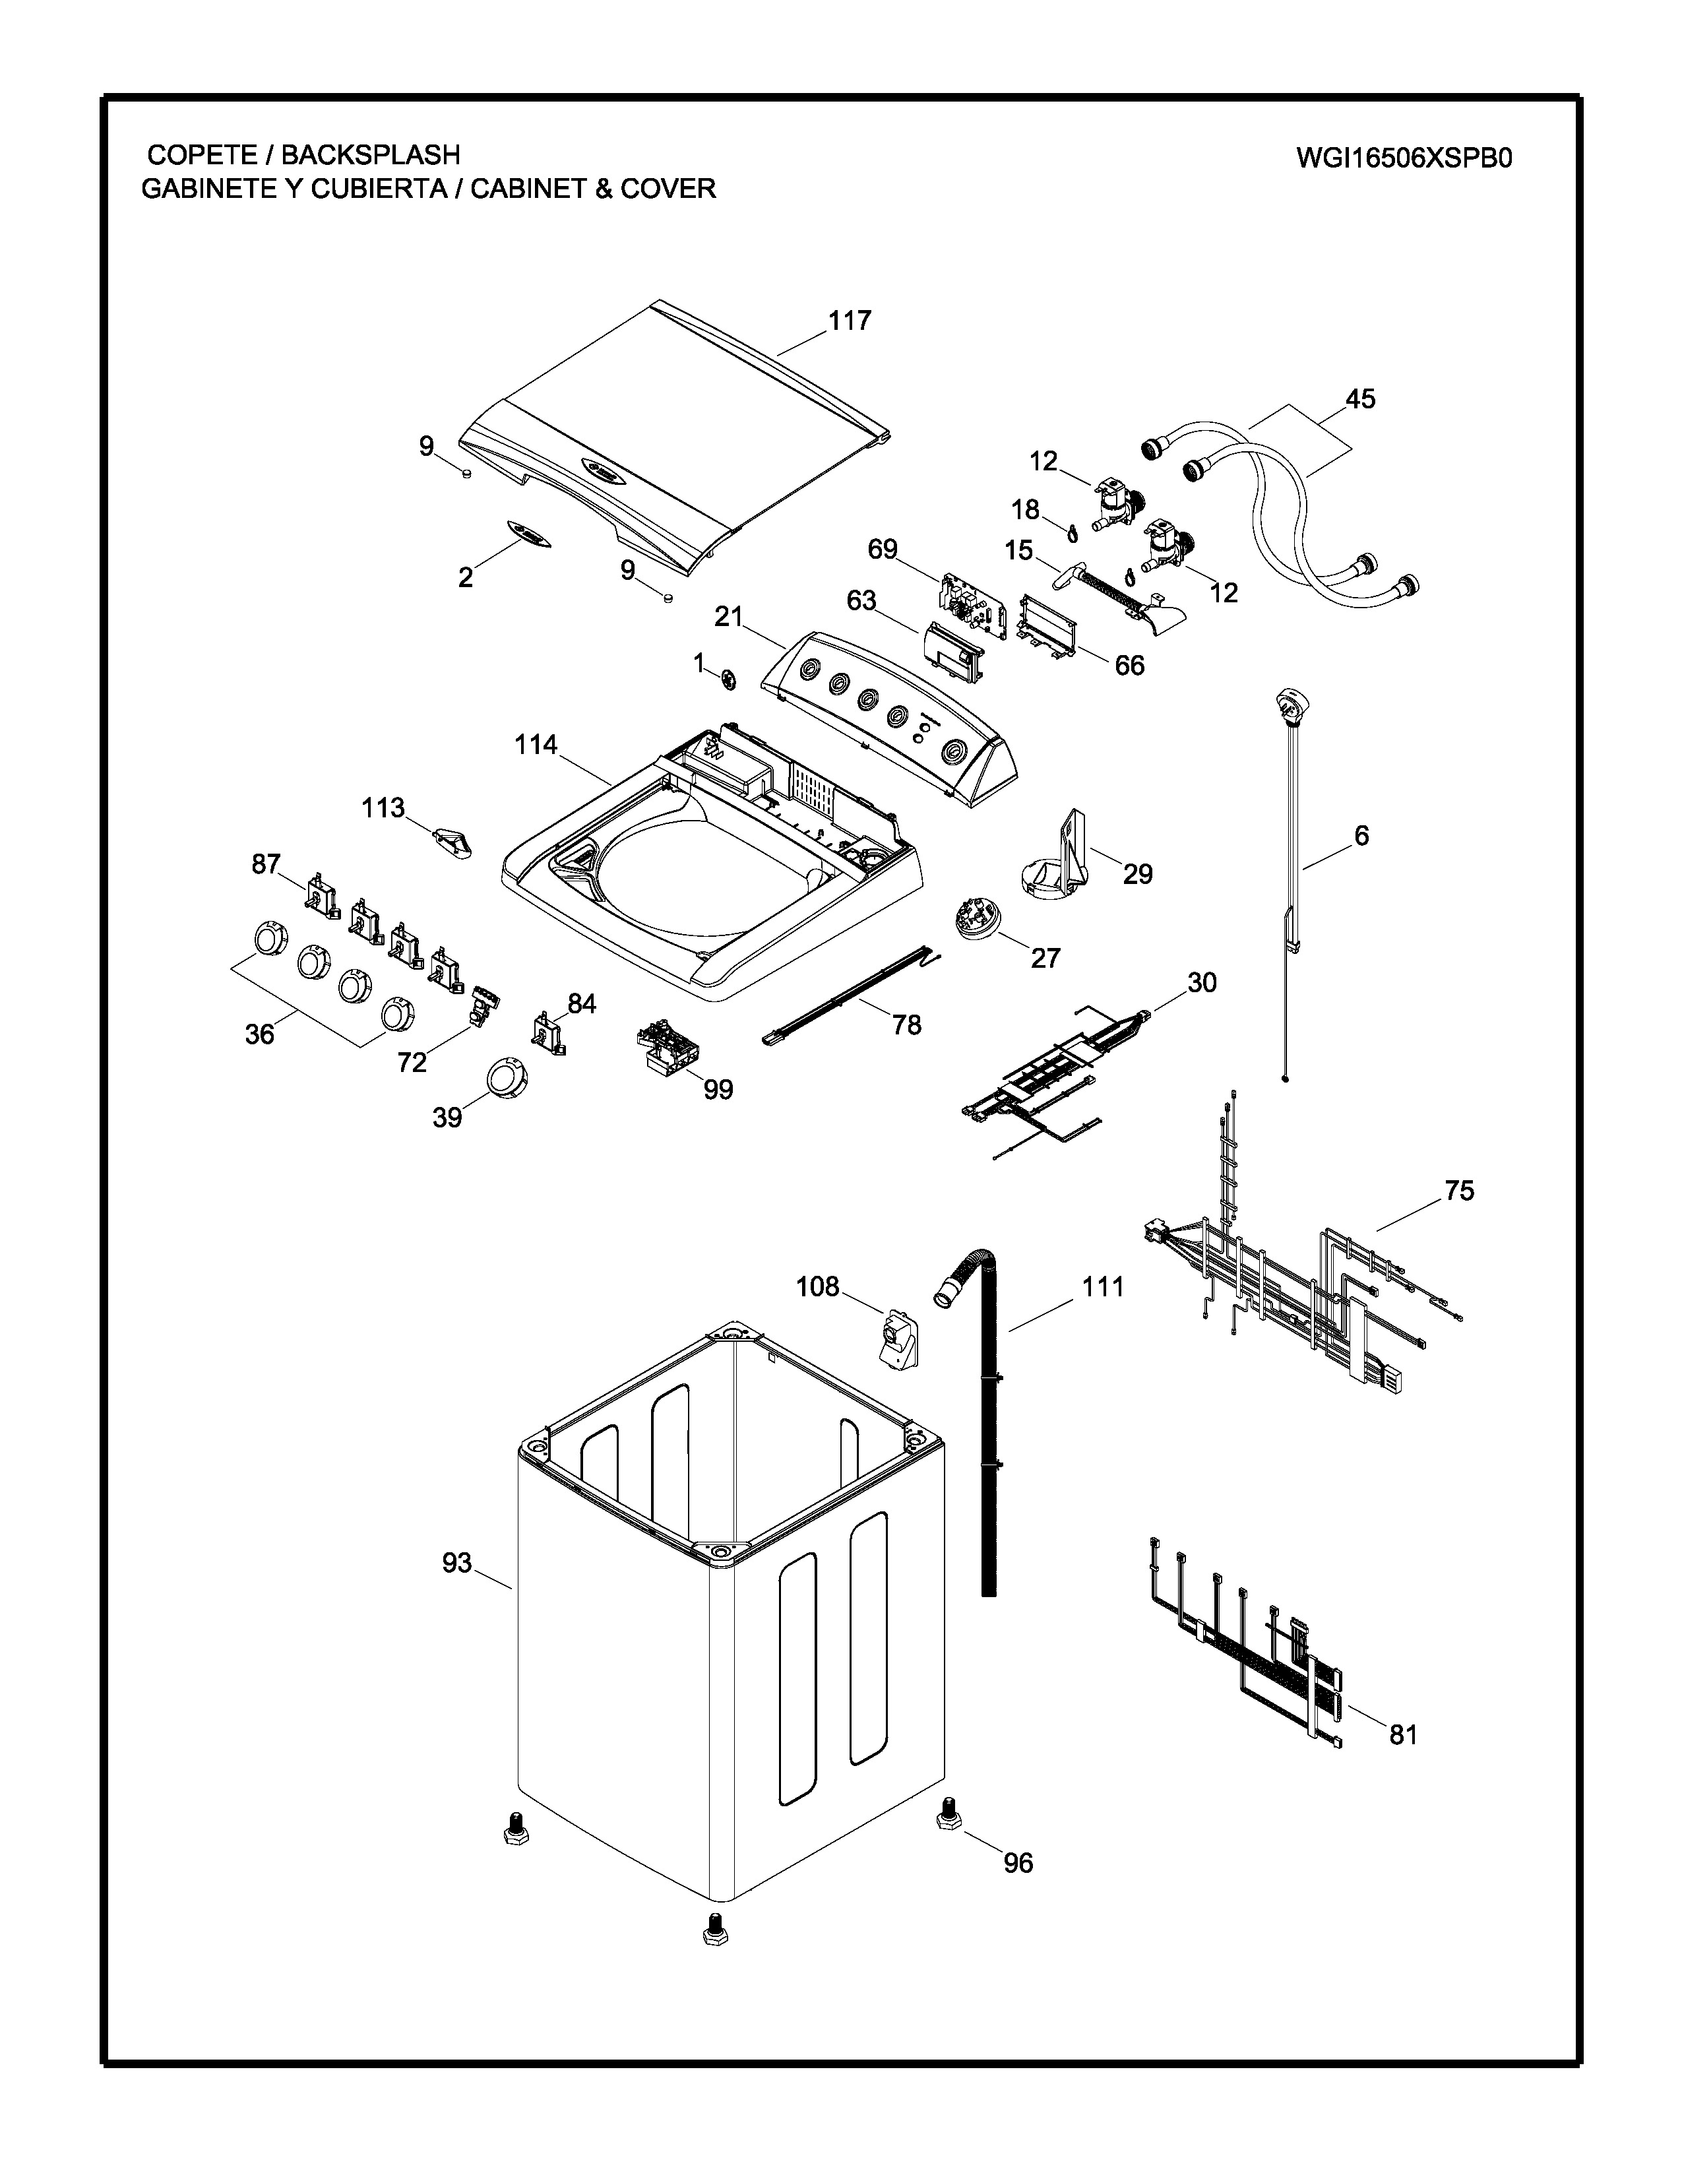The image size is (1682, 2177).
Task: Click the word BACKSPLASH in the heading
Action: click(371, 154)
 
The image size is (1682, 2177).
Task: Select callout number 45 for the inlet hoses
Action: click(1359, 398)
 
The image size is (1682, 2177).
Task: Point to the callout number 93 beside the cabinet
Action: click(456, 1563)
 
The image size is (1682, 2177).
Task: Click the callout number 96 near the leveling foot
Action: click(1017, 1862)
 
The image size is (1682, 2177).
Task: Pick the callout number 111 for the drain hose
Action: click(1103, 1287)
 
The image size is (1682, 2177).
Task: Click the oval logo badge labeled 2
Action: click(528, 535)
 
